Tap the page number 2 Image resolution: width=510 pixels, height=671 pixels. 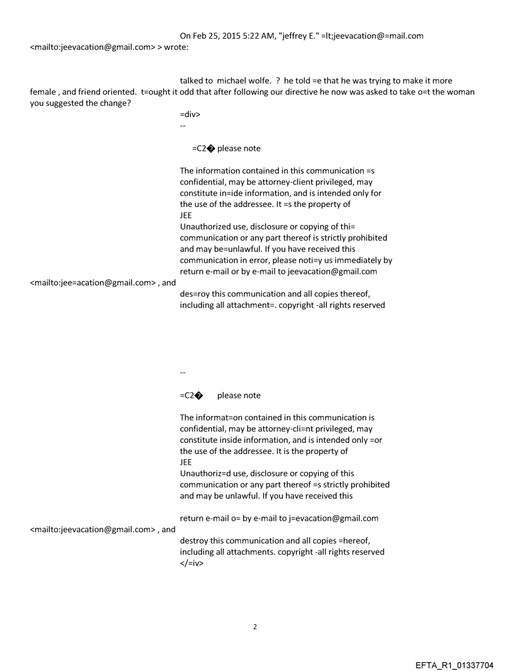pyautogui.click(x=254, y=626)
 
